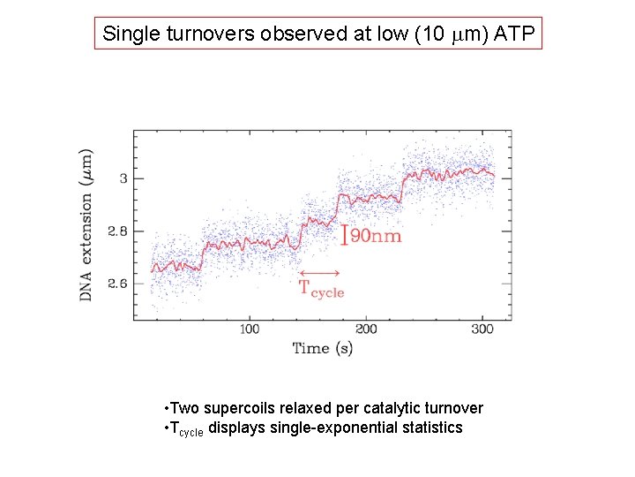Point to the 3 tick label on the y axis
point(124,178)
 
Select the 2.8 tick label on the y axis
point(118,231)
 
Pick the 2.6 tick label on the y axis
point(118,284)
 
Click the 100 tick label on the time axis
point(250,329)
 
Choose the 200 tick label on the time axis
point(366,329)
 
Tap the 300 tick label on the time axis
point(482,329)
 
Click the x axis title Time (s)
point(323,348)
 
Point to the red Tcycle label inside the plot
point(321,288)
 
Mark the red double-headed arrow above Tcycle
point(321,272)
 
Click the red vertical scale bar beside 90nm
point(345,235)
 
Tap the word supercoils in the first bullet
point(245,408)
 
